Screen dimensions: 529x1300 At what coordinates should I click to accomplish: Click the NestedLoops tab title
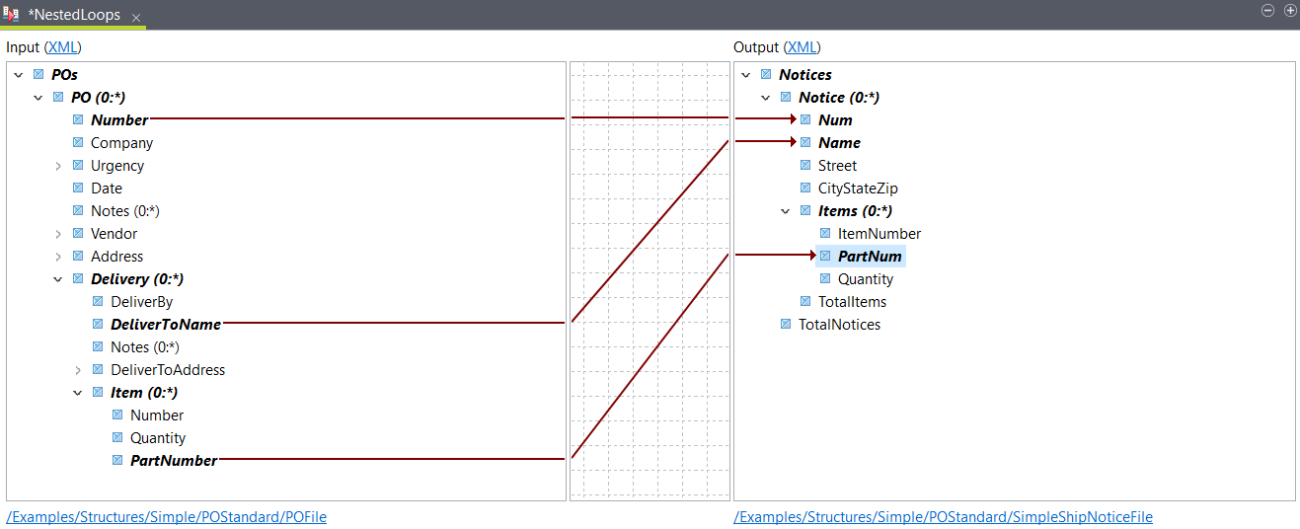(74, 15)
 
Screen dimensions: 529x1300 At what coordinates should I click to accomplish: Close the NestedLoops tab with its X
(136, 18)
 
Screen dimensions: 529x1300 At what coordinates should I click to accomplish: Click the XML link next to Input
(63, 47)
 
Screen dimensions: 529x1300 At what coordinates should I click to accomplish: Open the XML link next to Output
(803, 47)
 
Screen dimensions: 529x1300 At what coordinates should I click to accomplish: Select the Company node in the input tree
(121, 143)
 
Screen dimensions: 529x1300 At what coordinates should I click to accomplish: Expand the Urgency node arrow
(58, 166)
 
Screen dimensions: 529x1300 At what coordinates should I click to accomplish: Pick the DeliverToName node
(165, 325)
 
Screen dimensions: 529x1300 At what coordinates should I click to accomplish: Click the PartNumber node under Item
(173, 461)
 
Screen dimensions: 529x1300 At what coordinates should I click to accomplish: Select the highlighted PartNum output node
(870, 257)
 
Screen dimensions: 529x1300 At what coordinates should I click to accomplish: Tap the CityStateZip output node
(857, 189)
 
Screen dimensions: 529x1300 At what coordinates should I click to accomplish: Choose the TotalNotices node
(839, 325)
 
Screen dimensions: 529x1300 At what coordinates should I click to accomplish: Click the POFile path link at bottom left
(166, 517)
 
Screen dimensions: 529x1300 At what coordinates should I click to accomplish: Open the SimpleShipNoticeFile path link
(943, 517)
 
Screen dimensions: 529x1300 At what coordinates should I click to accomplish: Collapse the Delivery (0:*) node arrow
(58, 279)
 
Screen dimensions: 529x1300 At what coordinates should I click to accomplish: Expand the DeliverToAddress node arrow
(78, 370)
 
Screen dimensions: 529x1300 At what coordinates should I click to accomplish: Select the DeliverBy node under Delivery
(141, 302)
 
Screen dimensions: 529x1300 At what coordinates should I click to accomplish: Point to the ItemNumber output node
(879, 234)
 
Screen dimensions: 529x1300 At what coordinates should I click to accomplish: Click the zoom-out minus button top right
(1268, 10)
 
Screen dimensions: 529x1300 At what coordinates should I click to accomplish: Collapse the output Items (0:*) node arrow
(786, 211)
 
